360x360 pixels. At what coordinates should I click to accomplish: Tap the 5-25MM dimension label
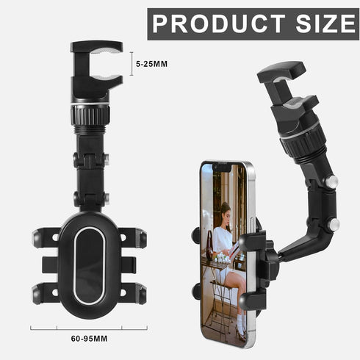(152, 64)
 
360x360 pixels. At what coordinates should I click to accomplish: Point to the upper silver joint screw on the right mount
(331, 181)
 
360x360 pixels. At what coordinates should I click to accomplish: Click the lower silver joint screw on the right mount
(334, 225)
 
